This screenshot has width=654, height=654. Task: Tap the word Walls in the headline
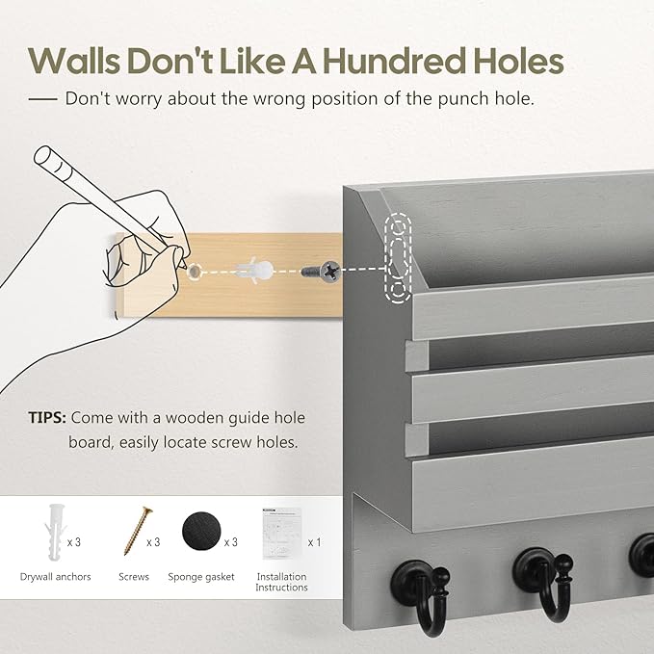point(75,62)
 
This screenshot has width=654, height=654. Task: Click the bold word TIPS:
point(47,417)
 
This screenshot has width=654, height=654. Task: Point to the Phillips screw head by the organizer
point(330,271)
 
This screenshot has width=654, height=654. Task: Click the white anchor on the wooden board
point(254,271)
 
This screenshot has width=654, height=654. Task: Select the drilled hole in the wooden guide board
point(194,272)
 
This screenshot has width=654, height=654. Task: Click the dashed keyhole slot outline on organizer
point(398,258)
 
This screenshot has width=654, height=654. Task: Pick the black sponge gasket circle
point(201,531)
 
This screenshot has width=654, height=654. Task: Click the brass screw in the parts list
point(138,531)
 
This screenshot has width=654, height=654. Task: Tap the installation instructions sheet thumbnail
point(282,534)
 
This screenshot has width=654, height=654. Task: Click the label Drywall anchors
point(56,577)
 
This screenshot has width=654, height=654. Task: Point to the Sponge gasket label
point(201,577)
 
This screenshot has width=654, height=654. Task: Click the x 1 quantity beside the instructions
point(315,542)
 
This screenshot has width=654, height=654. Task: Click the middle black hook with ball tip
point(542,585)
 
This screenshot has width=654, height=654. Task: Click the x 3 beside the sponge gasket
point(230,542)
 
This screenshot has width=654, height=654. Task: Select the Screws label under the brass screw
point(134,577)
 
